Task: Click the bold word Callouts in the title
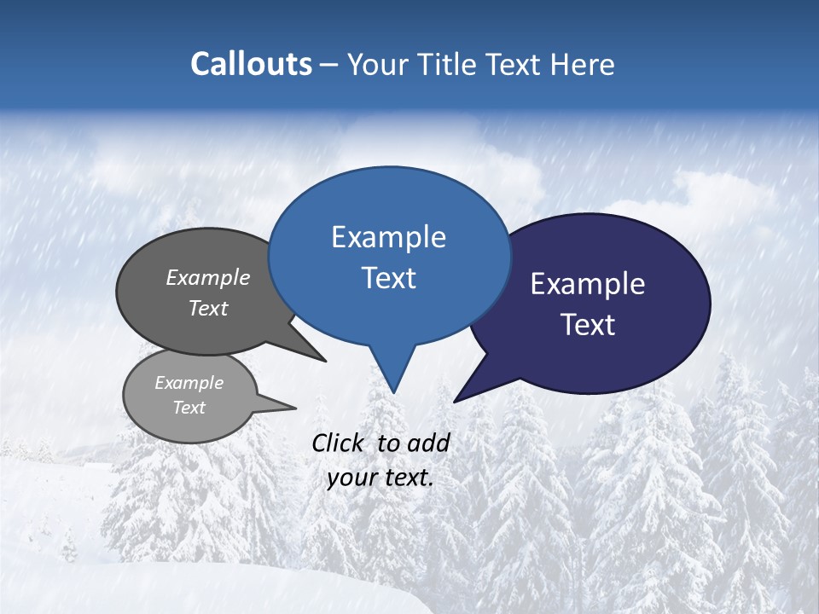click(x=251, y=64)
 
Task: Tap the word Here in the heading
click(x=584, y=64)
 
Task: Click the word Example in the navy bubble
click(x=588, y=284)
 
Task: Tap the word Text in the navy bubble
click(x=588, y=325)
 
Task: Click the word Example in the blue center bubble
click(x=388, y=237)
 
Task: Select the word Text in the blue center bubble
click(x=388, y=278)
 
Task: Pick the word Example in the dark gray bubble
click(x=208, y=277)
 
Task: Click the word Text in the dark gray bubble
click(x=208, y=308)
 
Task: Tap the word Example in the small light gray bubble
click(x=189, y=383)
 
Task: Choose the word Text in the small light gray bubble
click(x=189, y=408)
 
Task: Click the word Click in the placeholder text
click(x=339, y=443)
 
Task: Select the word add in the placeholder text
click(x=428, y=443)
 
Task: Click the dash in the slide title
click(x=331, y=64)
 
